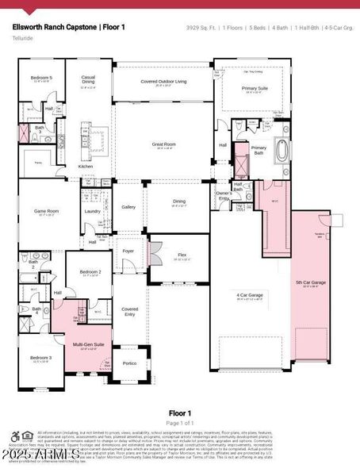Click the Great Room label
pyautogui.click(x=163, y=144)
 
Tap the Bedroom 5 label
pyautogui.click(x=41, y=78)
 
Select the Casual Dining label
pyautogui.click(x=89, y=79)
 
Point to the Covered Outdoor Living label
pyautogui.click(x=163, y=82)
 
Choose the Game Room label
pyautogui.click(x=46, y=211)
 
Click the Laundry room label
pyautogui.click(x=92, y=211)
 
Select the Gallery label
pyautogui.click(x=128, y=206)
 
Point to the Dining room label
pyautogui.click(x=179, y=202)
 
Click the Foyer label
pyautogui.click(x=128, y=251)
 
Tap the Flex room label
pyautogui.click(x=182, y=255)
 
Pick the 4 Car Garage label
pyautogui.click(x=249, y=295)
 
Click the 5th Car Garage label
pyautogui.click(x=311, y=282)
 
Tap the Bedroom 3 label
pyautogui.click(x=42, y=358)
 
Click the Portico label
pyautogui.click(x=129, y=363)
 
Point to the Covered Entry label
pyautogui.click(x=129, y=310)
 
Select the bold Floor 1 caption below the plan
pyautogui.click(x=179, y=413)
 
